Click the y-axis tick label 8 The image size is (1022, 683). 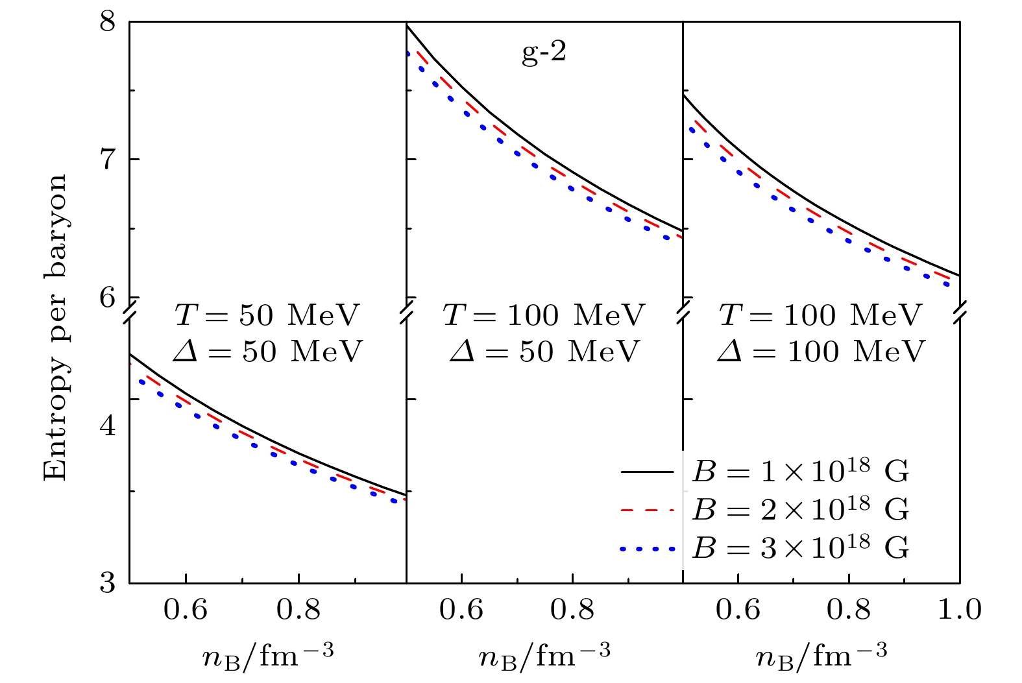[x=107, y=23]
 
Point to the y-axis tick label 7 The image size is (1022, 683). [x=107, y=160]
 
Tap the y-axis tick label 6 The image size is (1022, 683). [x=107, y=298]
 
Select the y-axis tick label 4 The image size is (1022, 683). [x=107, y=427]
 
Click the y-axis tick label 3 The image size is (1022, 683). [x=107, y=582]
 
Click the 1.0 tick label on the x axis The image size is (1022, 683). [x=960, y=610]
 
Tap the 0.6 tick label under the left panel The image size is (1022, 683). [x=186, y=610]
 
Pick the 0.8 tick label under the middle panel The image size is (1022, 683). [x=572, y=610]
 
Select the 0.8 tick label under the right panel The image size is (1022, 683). [x=849, y=610]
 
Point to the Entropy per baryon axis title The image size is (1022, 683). [x=56, y=327]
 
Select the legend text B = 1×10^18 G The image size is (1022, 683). [x=801, y=472]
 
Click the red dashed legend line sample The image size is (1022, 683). [x=648, y=511]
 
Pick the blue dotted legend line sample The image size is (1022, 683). [x=648, y=549]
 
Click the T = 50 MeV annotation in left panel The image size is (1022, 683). [x=267, y=315]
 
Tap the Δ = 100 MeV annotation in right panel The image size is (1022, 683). [x=821, y=352]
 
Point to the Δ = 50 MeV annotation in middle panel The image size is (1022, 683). [x=544, y=352]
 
